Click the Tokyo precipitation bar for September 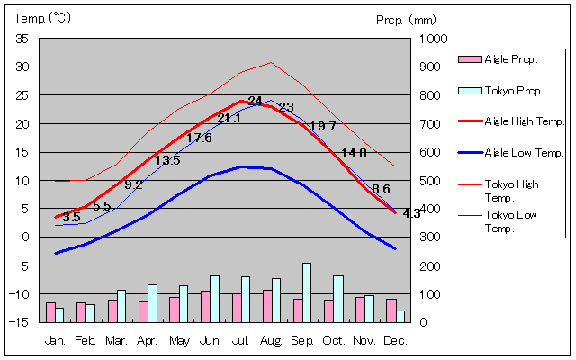pyautogui.click(x=307, y=292)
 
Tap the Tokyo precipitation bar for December pyautogui.click(x=400, y=316)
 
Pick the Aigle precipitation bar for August pyautogui.click(x=266, y=305)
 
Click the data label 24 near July pyautogui.click(x=256, y=101)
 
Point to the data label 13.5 pyautogui.click(x=167, y=160)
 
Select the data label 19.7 pyautogui.click(x=322, y=127)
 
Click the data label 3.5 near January pyautogui.click(x=72, y=217)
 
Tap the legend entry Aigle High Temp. pyautogui.click(x=511, y=121)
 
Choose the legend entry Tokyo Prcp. pyautogui.click(x=510, y=90)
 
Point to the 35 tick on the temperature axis pyautogui.click(x=22, y=39)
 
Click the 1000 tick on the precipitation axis pyautogui.click(x=433, y=39)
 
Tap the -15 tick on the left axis pyautogui.click(x=21, y=321)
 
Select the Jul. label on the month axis pyautogui.click(x=240, y=340)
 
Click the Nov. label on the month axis pyautogui.click(x=364, y=340)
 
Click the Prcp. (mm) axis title pyautogui.click(x=406, y=18)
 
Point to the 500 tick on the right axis pyautogui.click(x=429, y=181)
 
